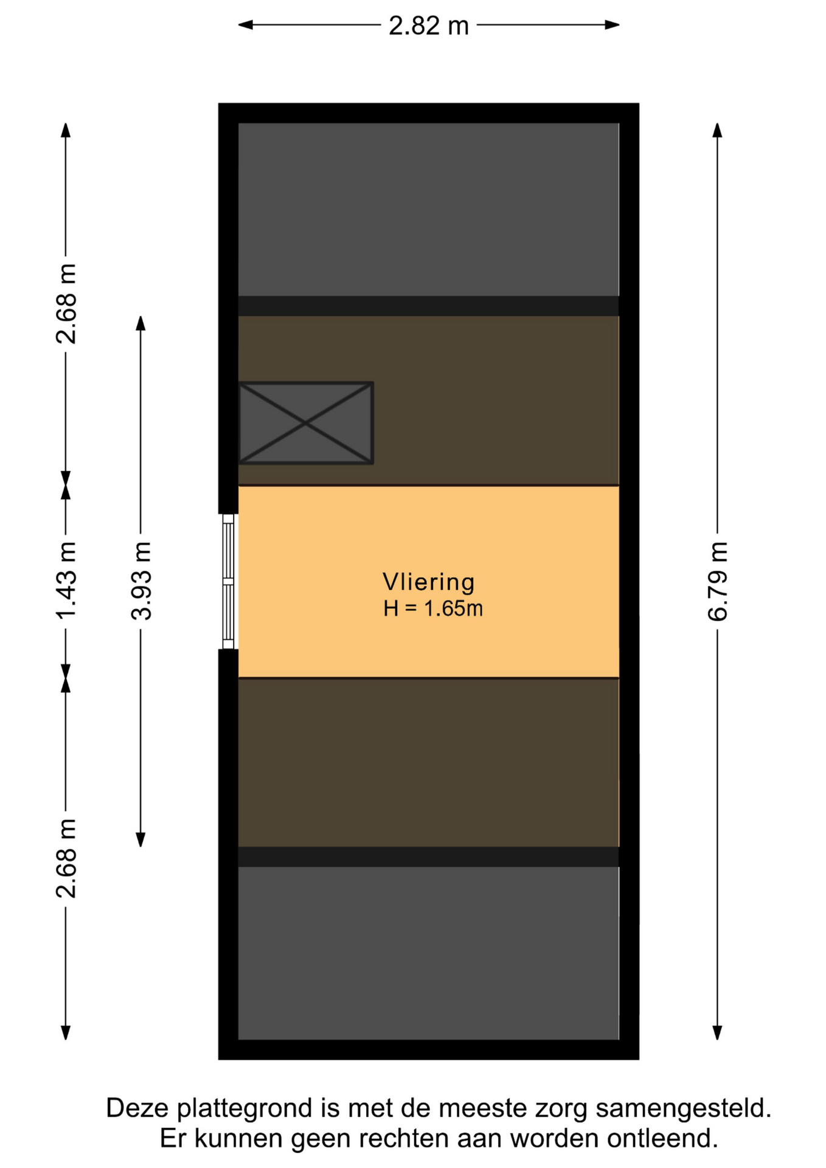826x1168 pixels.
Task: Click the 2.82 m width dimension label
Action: (429, 26)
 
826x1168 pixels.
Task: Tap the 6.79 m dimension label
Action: (718, 581)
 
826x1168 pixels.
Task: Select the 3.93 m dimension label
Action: (141, 580)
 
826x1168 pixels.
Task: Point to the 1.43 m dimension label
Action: (66, 580)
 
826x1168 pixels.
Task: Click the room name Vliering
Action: (429, 582)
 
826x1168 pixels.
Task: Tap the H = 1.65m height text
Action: (433, 608)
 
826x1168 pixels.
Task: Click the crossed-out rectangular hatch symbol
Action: (306, 423)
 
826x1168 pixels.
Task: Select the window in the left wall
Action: (228, 582)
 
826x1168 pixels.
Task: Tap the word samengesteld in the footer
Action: (684, 1109)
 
